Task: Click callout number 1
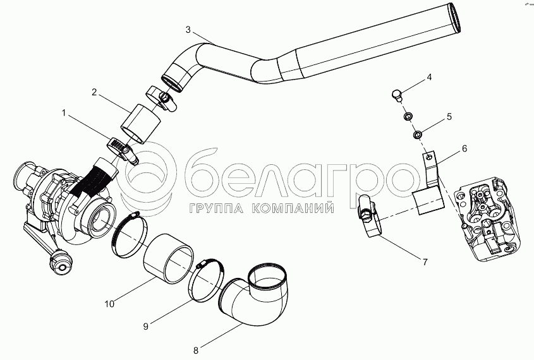[x=63, y=112]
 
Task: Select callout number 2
[x=94, y=92]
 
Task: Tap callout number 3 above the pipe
[x=188, y=30]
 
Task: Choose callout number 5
[x=449, y=116]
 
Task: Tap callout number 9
[x=145, y=326]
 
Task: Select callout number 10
[x=109, y=304]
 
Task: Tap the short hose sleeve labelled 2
[x=139, y=124]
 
